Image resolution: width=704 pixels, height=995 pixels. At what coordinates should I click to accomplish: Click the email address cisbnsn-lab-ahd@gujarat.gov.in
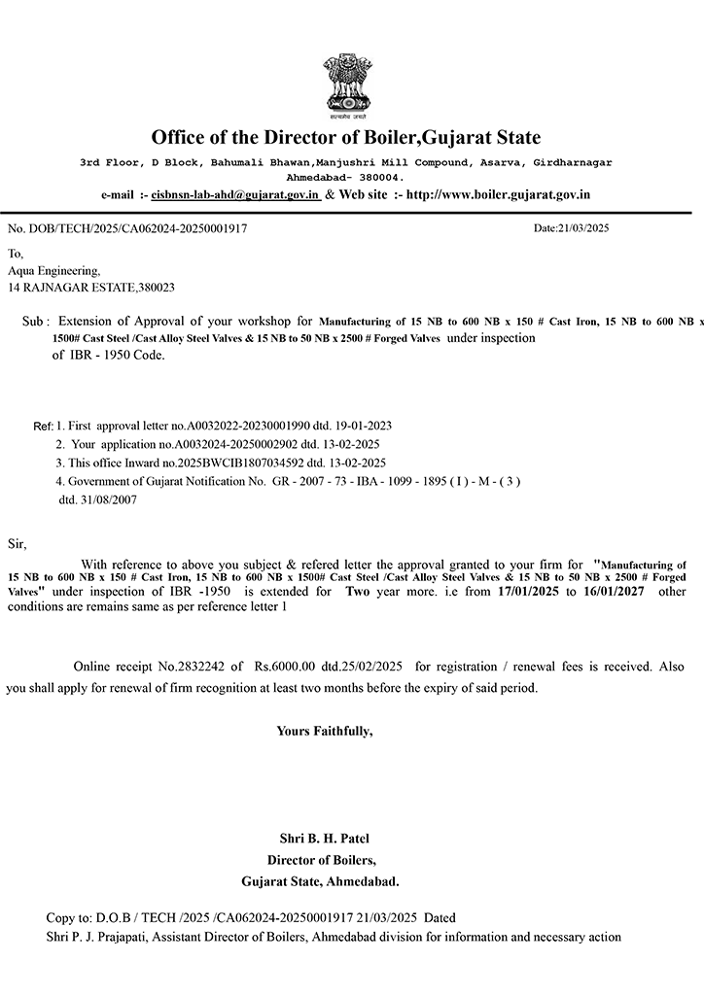[236, 194]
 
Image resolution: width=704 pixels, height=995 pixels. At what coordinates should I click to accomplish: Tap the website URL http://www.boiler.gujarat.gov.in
[498, 194]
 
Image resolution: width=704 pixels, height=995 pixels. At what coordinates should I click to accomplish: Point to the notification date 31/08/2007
[98, 498]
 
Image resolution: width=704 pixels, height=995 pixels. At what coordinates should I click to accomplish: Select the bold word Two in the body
[358, 591]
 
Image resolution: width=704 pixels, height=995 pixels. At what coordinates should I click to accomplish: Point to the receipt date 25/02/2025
[374, 667]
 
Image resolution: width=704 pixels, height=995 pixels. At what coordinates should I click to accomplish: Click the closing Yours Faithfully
[324, 730]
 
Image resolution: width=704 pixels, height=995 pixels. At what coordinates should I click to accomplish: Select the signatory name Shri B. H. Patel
[324, 839]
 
